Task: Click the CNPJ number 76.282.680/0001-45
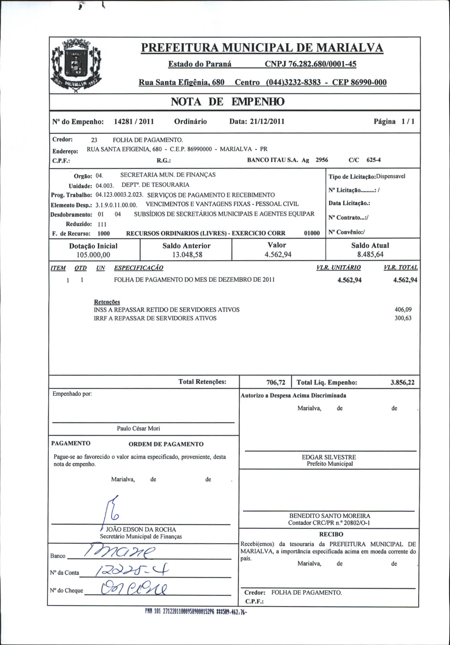(310, 64)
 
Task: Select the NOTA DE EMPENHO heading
(228, 102)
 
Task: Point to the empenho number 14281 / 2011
(134, 122)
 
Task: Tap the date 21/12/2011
(267, 122)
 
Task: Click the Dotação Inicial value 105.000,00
(93, 255)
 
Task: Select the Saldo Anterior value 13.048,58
(187, 255)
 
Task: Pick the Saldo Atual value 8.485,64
(370, 254)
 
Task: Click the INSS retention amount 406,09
(403, 310)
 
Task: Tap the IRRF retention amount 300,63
(403, 318)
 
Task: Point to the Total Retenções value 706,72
(276, 382)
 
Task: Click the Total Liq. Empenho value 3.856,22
(402, 382)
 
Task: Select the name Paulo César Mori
(138, 428)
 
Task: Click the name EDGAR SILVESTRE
(329, 457)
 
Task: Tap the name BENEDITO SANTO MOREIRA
(330, 516)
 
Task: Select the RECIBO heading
(331, 534)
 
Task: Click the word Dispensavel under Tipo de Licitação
(391, 177)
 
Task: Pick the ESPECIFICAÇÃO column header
(139, 268)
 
